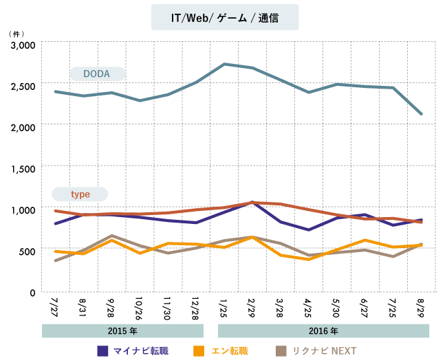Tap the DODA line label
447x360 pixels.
pyautogui.click(x=97, y=74)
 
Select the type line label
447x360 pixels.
pyautogui.click(x=80, y=194)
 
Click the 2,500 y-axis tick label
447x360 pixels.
pyautogui.click(x=23, y=87)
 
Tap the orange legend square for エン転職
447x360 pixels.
pyautogui.click(x=199, y=350)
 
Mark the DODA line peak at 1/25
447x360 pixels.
pyautogui.click(x=225, y=64)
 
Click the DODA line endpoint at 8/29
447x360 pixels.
pyautogui.click(x=422, y=114)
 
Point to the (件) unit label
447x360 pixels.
pyautogui.click(x=15, y=33)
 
